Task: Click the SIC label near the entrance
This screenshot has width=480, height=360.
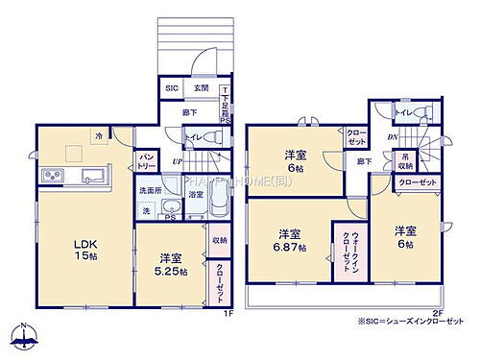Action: pyautogui.click(x=171, y=89)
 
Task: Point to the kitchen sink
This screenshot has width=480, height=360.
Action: pyautogui.click(x=93, y=176)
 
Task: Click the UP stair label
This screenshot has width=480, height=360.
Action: pyautogui.click(x=176, y=162)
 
